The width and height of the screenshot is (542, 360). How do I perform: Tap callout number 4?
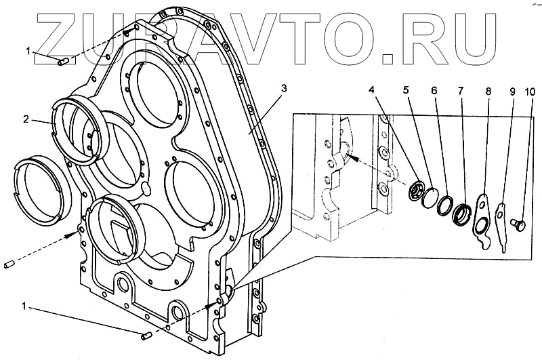[371, 89]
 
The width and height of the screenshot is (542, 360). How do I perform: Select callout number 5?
[406, 89]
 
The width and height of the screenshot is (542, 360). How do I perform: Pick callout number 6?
[434, 89]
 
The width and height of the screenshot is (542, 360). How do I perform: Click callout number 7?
[461, 89]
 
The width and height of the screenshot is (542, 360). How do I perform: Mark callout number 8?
[487, 89]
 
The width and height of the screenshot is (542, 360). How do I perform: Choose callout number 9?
[512, 89]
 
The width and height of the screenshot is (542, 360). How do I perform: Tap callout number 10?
[530, 89]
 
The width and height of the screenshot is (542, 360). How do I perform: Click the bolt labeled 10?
[520, 222]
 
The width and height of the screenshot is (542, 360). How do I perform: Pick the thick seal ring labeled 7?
[462, 214]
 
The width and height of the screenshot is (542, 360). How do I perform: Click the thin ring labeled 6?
[444, 204]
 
